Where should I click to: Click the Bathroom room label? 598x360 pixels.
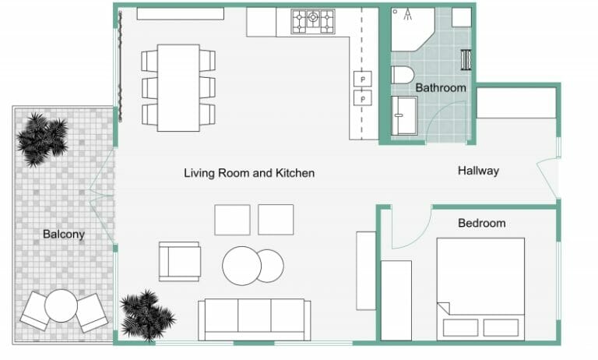point(440,88)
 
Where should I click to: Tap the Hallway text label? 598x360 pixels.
point(478,171)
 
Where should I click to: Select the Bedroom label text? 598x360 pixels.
point(481,224)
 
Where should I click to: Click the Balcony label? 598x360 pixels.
point(64,234)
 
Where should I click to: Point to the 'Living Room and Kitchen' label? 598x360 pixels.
point(249,173)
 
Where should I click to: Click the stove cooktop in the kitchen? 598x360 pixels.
point(313,22)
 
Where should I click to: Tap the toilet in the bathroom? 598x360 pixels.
point(402,77)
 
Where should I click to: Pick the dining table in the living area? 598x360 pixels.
point(178,87)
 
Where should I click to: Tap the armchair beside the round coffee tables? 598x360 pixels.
point(180,261)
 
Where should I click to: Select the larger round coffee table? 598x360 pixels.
point(241,266)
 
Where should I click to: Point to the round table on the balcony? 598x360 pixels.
point(61,305)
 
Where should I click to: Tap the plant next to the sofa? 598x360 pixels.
point(146,314)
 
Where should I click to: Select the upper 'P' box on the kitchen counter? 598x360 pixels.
point(363,78)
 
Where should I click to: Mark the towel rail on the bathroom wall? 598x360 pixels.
point(466,60)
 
